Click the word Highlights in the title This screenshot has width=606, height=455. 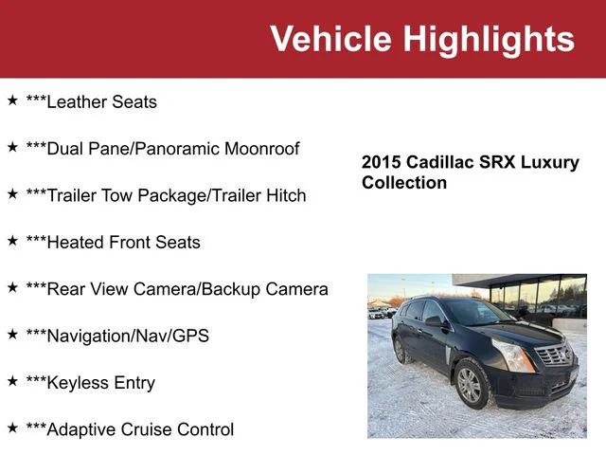489,39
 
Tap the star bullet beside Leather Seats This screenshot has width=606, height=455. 12,100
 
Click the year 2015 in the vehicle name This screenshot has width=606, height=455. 382,162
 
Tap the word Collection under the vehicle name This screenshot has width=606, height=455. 404,182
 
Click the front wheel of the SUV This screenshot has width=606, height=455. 471,386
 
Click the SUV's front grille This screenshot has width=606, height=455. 554,355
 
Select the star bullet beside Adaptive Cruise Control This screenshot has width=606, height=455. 12,428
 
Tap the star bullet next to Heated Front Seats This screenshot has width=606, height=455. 12,240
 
